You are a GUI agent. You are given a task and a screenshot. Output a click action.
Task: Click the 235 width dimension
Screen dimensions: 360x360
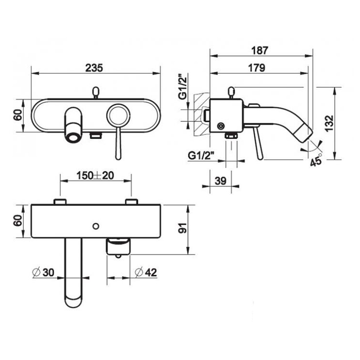tap(94, 68)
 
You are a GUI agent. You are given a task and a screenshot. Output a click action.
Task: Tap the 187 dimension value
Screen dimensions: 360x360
tap(259, 50)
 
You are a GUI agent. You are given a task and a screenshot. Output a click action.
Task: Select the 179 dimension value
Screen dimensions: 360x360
tap(257, 68)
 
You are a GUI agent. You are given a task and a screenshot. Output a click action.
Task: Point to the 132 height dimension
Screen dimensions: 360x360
tap(329, 123)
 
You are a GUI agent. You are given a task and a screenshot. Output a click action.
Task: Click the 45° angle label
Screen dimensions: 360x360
tap(316, 160)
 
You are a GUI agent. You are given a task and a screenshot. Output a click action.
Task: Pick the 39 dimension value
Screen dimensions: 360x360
tap(221, 181)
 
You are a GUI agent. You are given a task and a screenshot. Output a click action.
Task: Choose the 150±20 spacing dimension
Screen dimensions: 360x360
tap(95, 176)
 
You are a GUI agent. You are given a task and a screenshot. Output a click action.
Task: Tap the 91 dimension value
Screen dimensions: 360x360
tap(183, 228)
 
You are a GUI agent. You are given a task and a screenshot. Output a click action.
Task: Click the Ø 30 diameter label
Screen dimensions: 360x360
tap(43, 272)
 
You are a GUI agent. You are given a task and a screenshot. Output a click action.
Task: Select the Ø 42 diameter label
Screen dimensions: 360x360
tap(146, 272)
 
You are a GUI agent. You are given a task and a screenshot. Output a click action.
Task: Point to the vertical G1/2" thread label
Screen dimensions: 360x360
tap(183, 86)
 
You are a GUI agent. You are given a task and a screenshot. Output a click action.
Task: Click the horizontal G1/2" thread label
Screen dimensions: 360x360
tap(201, 156)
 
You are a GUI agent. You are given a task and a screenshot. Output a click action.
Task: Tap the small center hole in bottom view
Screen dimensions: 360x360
tap(96, 226)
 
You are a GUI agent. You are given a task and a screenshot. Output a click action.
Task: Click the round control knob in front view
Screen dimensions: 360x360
tap(118, 116)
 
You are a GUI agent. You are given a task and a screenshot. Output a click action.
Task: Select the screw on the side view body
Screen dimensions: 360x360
tap(221, 126)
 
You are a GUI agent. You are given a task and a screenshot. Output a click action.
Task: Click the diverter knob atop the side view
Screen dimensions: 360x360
tap(232, 92)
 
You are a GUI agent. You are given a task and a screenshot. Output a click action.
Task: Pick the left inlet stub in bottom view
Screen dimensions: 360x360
tap(60, 202)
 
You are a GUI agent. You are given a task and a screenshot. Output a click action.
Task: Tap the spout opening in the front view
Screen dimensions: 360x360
tap(74, 138)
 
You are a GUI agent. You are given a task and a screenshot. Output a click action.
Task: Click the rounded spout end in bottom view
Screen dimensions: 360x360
tap(74, 300)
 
